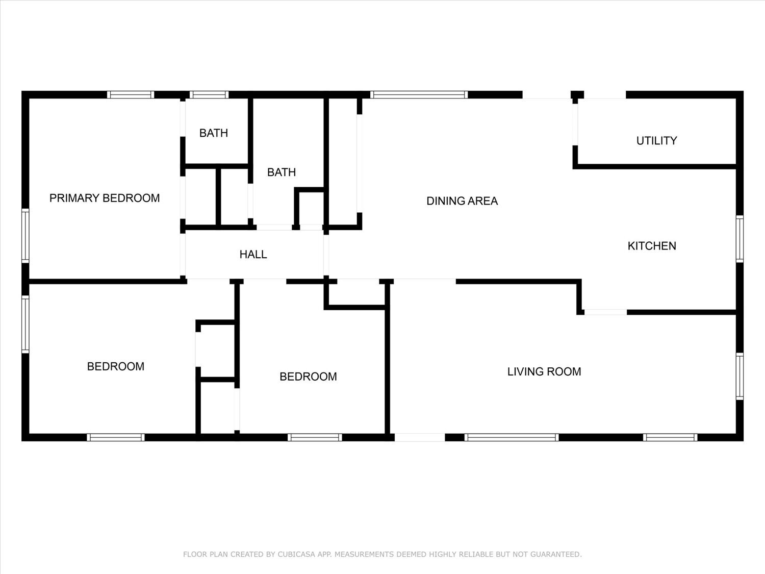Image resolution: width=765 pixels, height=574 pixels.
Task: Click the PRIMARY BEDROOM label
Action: pyautogui.click(x=105, y=198)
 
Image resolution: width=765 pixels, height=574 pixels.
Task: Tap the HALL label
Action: pyautogui.click(x=253, y=254)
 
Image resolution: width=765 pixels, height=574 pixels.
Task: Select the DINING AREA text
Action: pyautogui.click(x=462, y=201)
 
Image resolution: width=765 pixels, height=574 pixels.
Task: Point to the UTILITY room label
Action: pyautogui.click(x=656, y=141)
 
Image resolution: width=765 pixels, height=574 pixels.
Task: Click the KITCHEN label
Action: pyautogui.click(x=652, y=246)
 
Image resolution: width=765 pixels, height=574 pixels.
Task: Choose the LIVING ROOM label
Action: pyautogui.click(x=544, y=371)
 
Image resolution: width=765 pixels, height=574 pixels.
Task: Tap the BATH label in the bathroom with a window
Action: pyautogui.click(x=213, y=133)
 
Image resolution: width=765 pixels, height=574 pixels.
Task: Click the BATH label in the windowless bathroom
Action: pyautogui.click(x=282, y=172)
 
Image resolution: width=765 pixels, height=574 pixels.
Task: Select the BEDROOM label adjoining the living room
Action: pyautogui.click(x=308, y=377)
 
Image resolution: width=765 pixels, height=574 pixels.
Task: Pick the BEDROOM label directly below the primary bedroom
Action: pyautogui.click(x=116, y=366)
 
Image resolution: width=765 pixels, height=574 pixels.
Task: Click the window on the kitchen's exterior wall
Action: pyautogui.click(x=739, y=239)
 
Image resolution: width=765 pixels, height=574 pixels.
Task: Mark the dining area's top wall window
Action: pyautogui.click(x=419, y=94)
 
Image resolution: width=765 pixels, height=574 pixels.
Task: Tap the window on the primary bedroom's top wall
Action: pyautogui.click(x=131, y=94)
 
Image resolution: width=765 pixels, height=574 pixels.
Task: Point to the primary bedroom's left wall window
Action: pyautogui.click(x=25, y=236)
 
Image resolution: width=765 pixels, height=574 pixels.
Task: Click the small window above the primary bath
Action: pyautogui.click(x=209, y=94)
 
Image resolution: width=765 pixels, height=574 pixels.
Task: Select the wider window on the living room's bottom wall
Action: pyautogui.click(x=512, y=437)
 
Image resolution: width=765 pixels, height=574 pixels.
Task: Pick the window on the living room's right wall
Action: pyautogui.click(x=739, y=376)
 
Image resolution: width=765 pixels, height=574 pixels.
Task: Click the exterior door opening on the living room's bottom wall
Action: pyautogui.click(x=420, y=437)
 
